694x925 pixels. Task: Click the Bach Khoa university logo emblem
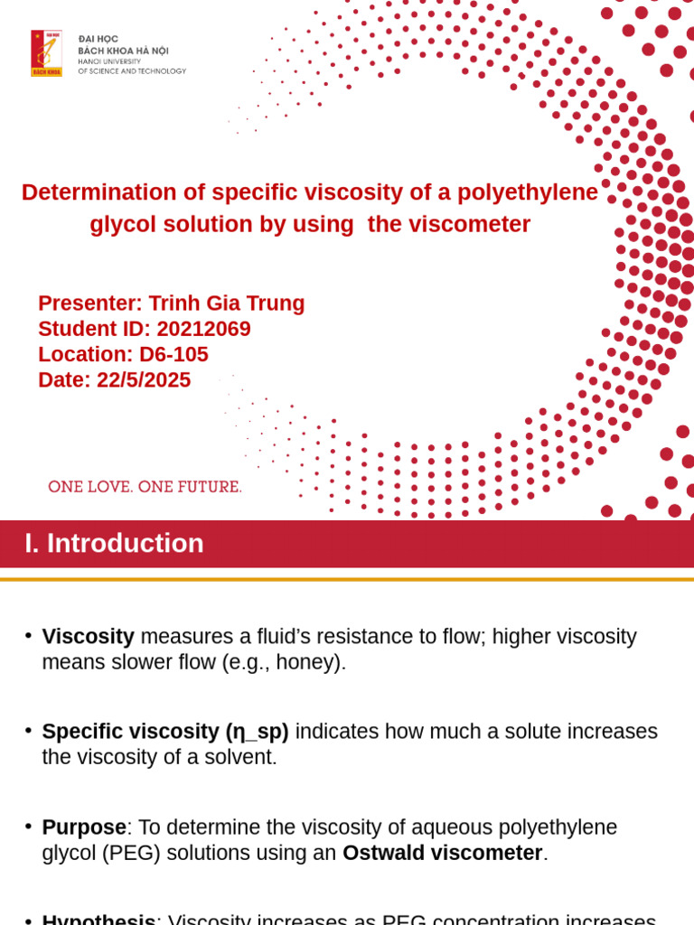[46, 53]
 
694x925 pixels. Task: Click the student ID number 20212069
[203, 329]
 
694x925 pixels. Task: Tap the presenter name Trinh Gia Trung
[226, 304]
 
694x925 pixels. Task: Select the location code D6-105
[173, 354]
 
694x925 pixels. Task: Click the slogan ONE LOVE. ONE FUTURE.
[145, 487]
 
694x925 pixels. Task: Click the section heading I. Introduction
[114, 543]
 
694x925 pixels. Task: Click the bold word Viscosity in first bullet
[88, 636]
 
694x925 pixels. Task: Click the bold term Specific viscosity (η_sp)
[165, 731]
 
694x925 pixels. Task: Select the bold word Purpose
[84, 827]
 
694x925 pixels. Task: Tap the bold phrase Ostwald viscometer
[442, 853]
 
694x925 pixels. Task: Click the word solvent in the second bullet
[241, 757]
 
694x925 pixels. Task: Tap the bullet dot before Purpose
[29, 825]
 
